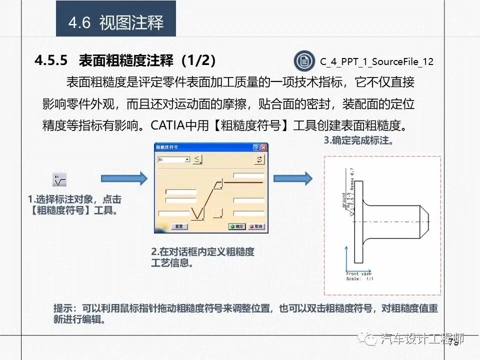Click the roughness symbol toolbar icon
(59, 179)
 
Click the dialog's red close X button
(263, 147)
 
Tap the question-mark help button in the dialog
(256, 147)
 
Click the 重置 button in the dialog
(178, 226)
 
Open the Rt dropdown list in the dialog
(187, 159)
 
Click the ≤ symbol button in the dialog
(198, 159)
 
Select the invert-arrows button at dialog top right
(259, 159)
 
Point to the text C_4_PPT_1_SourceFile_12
(376, 61)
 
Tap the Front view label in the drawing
(359, 274)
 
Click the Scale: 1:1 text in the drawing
(360, 279)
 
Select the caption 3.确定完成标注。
(358, 140)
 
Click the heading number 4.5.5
(50, 61)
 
